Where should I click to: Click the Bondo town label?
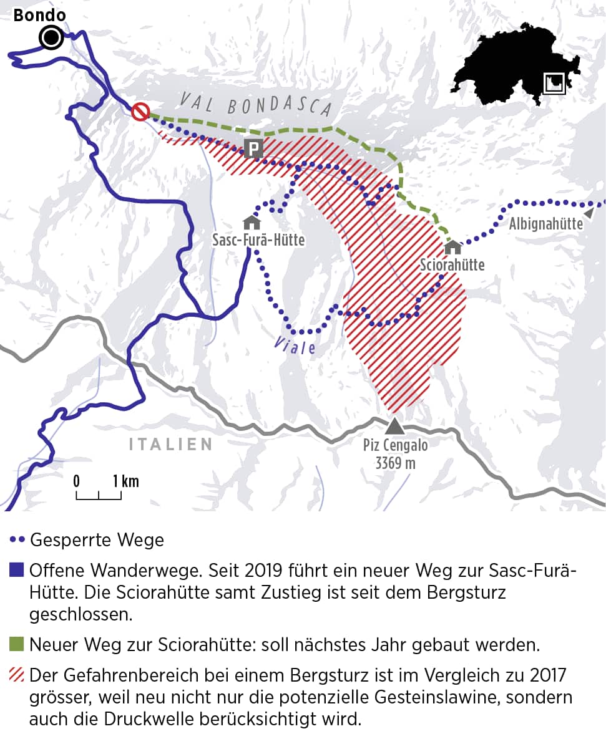point(39,15)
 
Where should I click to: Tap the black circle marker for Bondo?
point(51,38)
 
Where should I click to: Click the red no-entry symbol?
point(140,112)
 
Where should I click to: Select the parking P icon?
point(253,148)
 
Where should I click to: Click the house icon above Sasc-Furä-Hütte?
point(252,222)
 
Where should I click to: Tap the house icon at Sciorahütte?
point(452,248)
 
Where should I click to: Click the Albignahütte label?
point(545,224)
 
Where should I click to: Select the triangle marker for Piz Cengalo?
point(394,426)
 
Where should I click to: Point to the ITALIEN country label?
point(170,444)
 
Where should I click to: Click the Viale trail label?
point(294,345)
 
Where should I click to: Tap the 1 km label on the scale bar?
point(126,481)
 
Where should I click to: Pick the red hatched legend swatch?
point(17,675)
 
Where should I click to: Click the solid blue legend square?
point(17,569)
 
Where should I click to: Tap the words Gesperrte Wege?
point(97,539)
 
